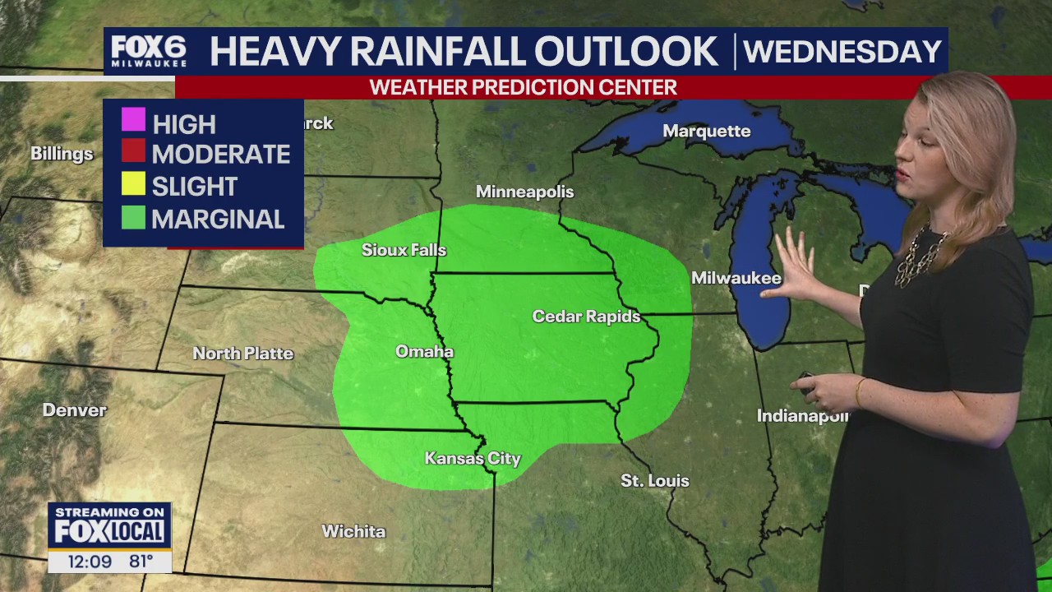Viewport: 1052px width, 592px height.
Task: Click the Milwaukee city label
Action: coord(736,278)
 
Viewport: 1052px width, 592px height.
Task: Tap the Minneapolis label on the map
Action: coord(524,192)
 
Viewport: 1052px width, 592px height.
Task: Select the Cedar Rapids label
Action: coord(586,317)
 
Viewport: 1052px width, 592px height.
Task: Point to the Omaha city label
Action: coord(424,352)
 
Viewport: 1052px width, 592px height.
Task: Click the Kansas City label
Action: coord(473,459)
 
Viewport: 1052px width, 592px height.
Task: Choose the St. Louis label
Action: coord(654,480)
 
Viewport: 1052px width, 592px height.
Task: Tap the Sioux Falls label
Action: coord(404,250)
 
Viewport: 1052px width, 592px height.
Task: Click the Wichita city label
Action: coord(353,531)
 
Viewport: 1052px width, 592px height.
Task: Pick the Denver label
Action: coord(74,409)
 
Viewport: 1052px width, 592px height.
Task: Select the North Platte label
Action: coord(242,354)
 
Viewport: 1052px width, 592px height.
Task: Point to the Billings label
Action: coord(62,154)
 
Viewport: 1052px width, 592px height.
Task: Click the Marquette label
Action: coord(706,132)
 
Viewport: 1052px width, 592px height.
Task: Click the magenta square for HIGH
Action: coord(133,120)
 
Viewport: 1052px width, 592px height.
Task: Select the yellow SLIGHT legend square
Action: coord(133,184)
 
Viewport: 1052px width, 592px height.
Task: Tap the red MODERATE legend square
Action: coord(133,152)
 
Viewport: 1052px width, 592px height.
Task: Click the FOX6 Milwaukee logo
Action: coord(149,51)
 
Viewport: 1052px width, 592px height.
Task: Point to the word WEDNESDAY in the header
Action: coord(842,52)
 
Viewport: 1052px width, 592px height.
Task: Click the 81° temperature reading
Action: coord(141,562)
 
